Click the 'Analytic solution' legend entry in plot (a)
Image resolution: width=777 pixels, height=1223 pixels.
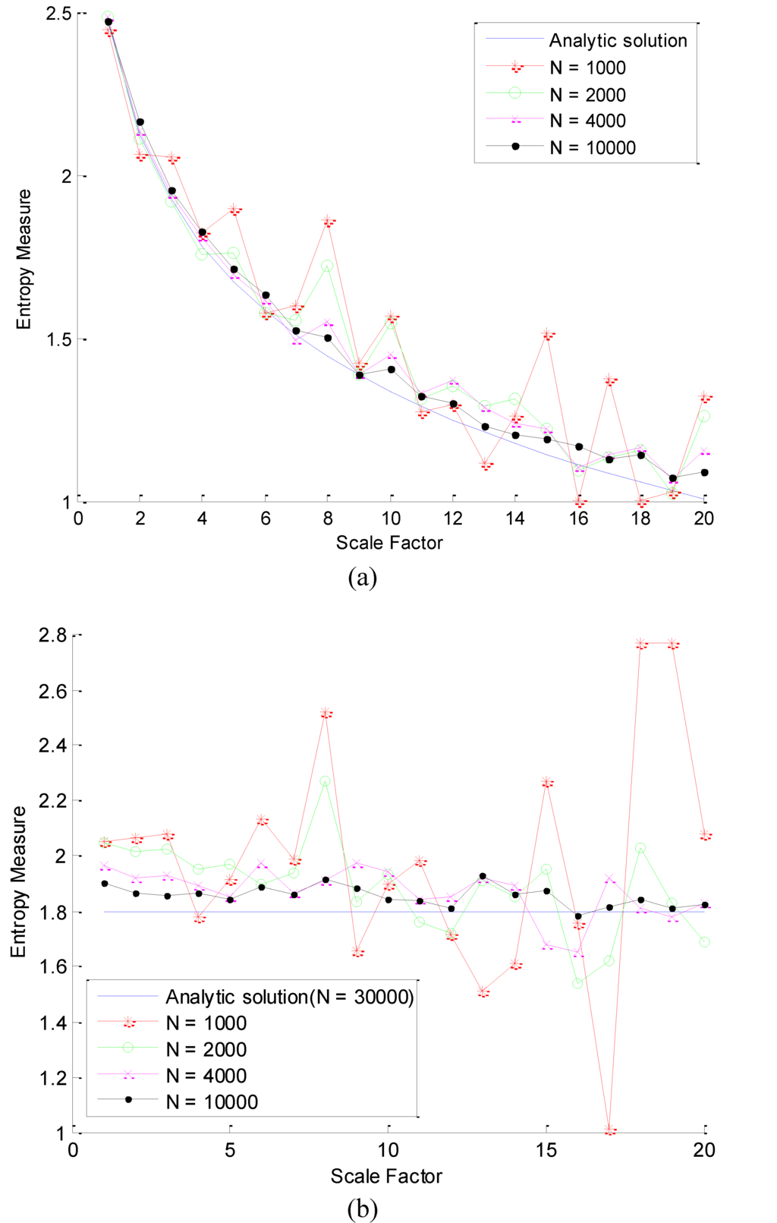coord(618,40)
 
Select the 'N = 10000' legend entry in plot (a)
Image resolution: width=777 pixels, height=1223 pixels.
coord(592,147)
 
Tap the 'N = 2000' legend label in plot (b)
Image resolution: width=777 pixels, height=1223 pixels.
coord(206,1049)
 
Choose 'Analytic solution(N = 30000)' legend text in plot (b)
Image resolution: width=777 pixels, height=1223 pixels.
coord(290,997)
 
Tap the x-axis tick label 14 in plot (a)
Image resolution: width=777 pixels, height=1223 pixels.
coord(515,519)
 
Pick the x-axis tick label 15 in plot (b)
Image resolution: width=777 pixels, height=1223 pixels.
coord(546,1149)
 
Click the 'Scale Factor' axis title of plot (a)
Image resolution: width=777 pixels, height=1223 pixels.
coord(388,543)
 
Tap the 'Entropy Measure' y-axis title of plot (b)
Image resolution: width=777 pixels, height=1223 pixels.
coord(18,881)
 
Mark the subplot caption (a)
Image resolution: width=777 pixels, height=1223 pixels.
coord(362,578)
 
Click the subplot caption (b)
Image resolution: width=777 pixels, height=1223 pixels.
coord(362,1208)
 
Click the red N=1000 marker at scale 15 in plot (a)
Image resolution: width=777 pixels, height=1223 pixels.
coord(548,334)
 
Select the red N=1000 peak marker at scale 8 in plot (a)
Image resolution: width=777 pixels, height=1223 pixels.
coord(329,222)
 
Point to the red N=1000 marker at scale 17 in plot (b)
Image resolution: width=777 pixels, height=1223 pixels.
coord(610,1130)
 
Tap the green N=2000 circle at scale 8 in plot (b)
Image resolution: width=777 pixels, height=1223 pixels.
coord(325,781)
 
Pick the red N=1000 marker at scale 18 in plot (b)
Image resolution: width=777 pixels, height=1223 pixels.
coord(641,644)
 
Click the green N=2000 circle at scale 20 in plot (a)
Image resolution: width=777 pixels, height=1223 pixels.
coord(704,416)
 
